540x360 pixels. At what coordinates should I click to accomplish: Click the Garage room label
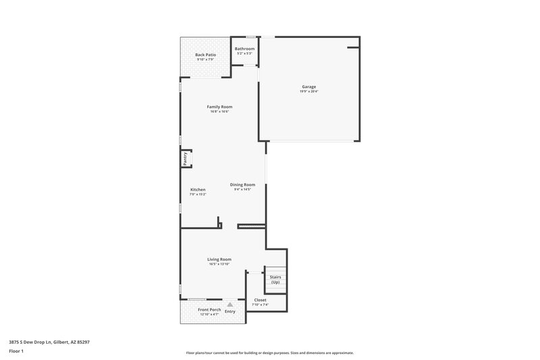point(308,86)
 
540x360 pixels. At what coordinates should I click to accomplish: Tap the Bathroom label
point(244,49)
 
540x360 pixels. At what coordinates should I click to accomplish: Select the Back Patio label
point(205,55)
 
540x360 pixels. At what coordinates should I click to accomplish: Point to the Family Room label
point(219,107)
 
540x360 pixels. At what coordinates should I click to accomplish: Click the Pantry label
point(184,159)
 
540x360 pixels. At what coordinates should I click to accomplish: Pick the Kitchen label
point(198,190)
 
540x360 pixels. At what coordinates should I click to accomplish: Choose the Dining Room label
point(242,184)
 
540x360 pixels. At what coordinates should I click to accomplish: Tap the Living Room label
point(219,259)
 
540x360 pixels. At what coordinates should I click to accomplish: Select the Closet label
point(260,300)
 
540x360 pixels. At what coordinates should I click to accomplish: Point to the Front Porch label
point(209,309)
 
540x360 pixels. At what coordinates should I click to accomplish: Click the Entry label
point(230,311)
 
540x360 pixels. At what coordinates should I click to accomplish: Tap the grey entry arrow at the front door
point(230,305)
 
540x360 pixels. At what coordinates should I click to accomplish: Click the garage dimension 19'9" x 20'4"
point(308,91)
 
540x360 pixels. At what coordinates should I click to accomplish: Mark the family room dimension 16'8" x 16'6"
point(219,111)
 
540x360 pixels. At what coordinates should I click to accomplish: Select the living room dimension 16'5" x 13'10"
point(219,264)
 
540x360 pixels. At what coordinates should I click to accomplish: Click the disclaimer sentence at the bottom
point(269,353)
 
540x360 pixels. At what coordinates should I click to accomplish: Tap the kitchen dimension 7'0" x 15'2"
point(198,195)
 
